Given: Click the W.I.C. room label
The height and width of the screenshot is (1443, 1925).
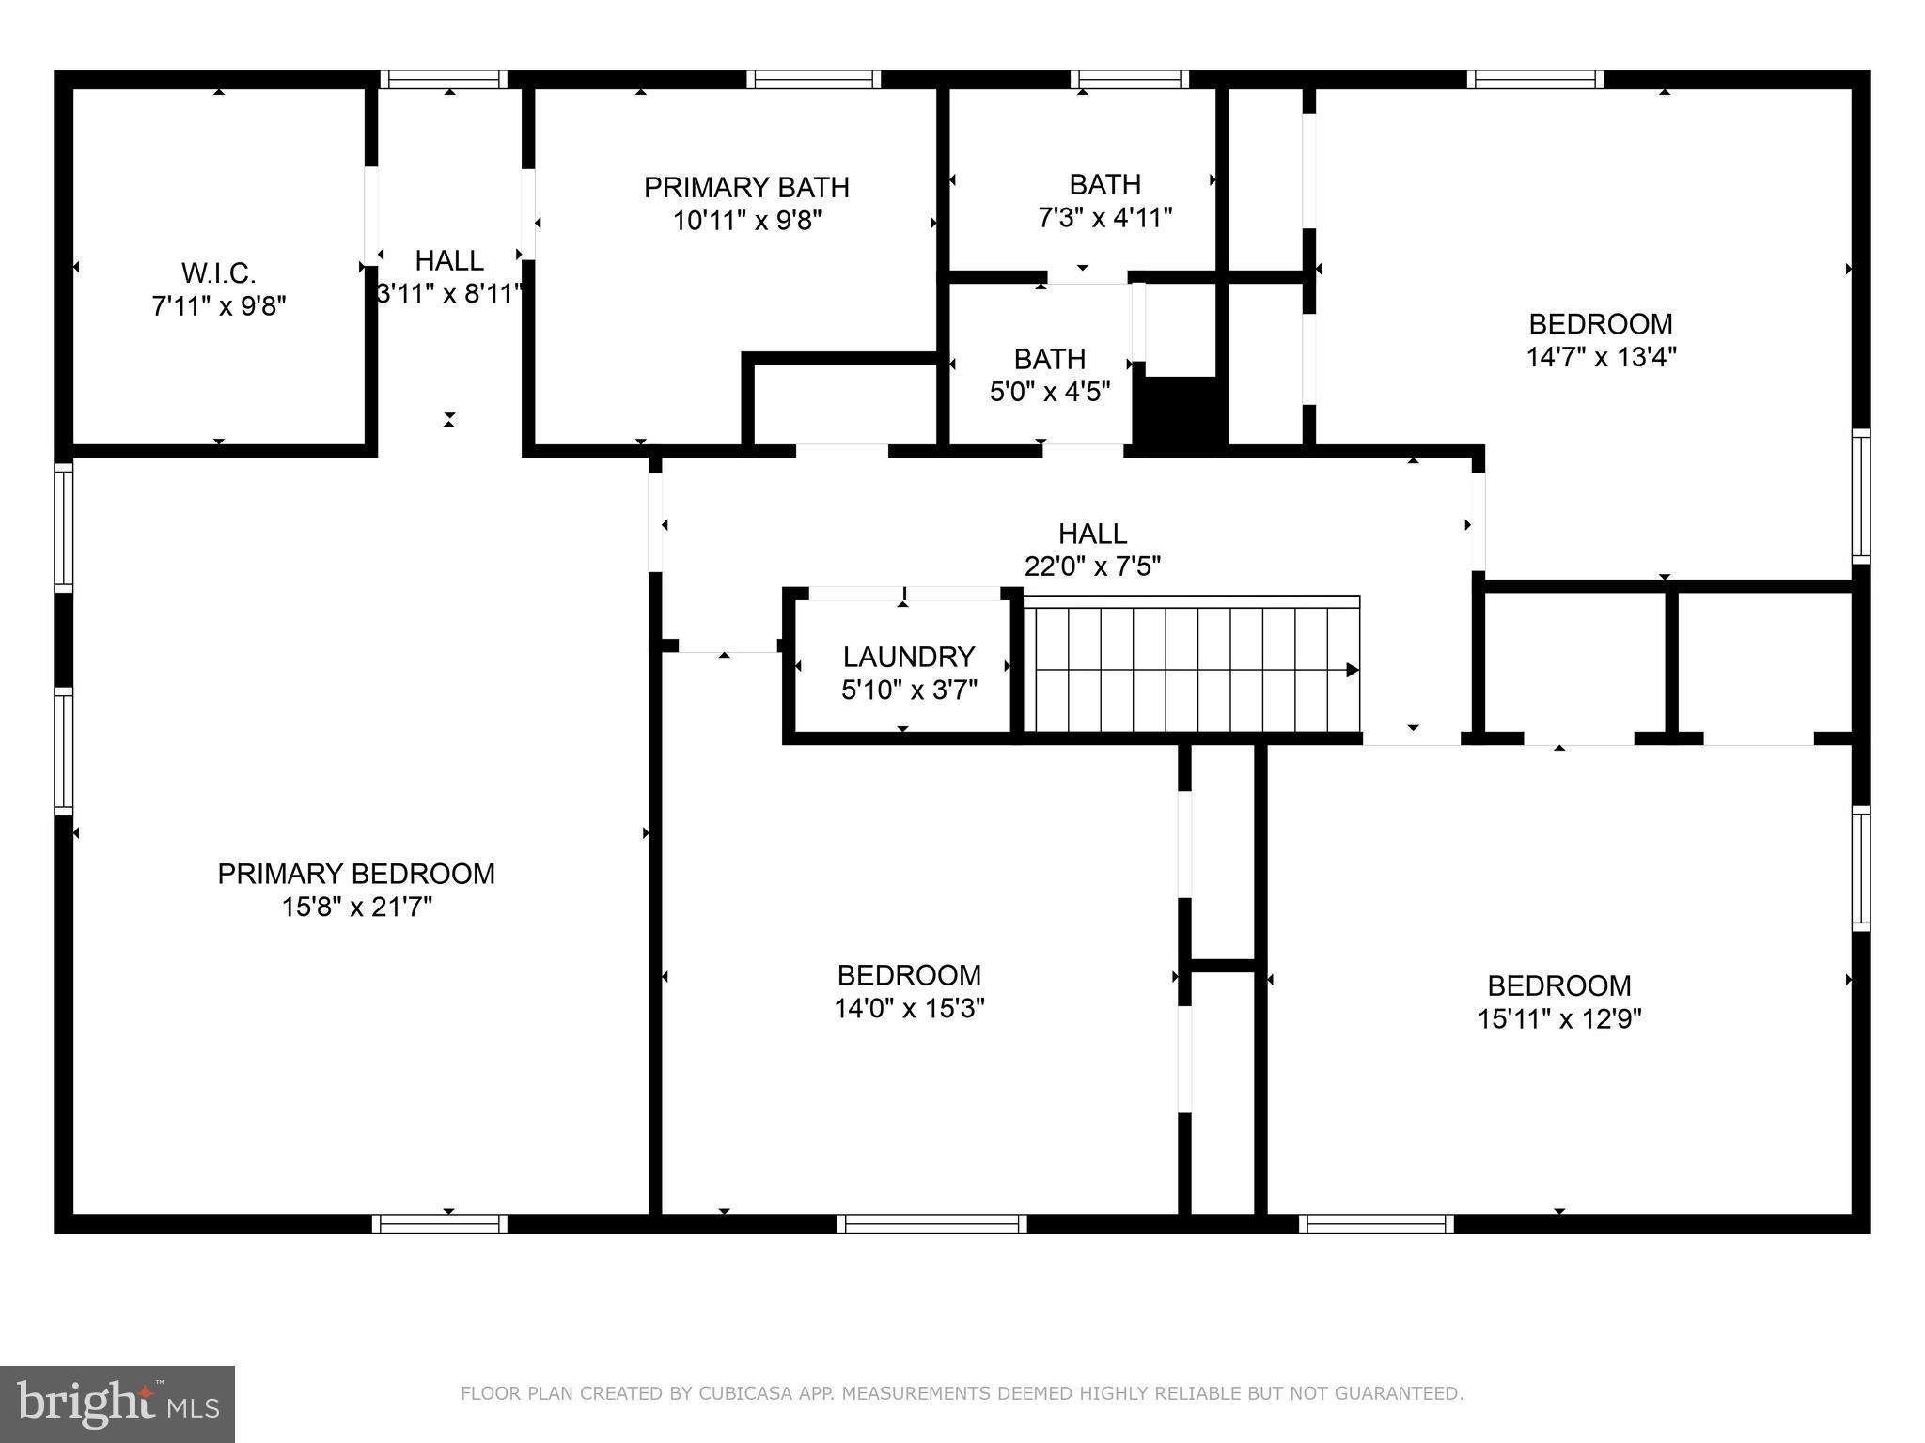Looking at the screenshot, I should (x=218, y=273).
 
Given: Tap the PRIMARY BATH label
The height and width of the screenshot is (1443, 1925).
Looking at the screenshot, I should (x=746, y=188).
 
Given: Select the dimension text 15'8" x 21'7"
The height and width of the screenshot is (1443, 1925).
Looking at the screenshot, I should (x=356, y=907).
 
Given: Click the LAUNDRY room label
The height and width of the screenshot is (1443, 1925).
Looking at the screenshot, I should (x=908, y=657).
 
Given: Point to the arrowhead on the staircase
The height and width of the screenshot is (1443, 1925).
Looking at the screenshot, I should (x=1353, y=670).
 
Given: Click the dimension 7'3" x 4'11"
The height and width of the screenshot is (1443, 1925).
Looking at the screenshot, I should (x=1104, y=218).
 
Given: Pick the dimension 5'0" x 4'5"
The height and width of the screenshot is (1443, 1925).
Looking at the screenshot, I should (x=1050, y=392).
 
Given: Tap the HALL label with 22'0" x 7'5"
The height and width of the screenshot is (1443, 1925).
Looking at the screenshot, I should (x=1092, y=534).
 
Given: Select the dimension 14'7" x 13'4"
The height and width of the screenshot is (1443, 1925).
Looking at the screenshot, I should (x=1601, y=357).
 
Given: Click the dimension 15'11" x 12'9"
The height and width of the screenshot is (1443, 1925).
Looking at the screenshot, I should (x=1559, y=1019).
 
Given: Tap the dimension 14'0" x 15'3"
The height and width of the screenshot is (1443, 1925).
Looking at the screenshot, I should (x=909, y=1009).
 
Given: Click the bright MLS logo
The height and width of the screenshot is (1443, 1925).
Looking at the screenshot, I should (x=117, y=1404).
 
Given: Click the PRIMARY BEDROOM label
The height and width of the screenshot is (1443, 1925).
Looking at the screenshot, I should (x=356, y=874).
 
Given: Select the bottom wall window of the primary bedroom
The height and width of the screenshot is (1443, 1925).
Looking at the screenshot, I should (x=440, y=1223).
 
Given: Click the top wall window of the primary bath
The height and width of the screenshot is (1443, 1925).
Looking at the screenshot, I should (x=814, y=80).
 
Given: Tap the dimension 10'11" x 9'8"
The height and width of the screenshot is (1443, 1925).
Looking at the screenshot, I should (x=746, y=222).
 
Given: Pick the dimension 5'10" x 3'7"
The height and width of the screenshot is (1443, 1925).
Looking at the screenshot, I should (x=908, y=690).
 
